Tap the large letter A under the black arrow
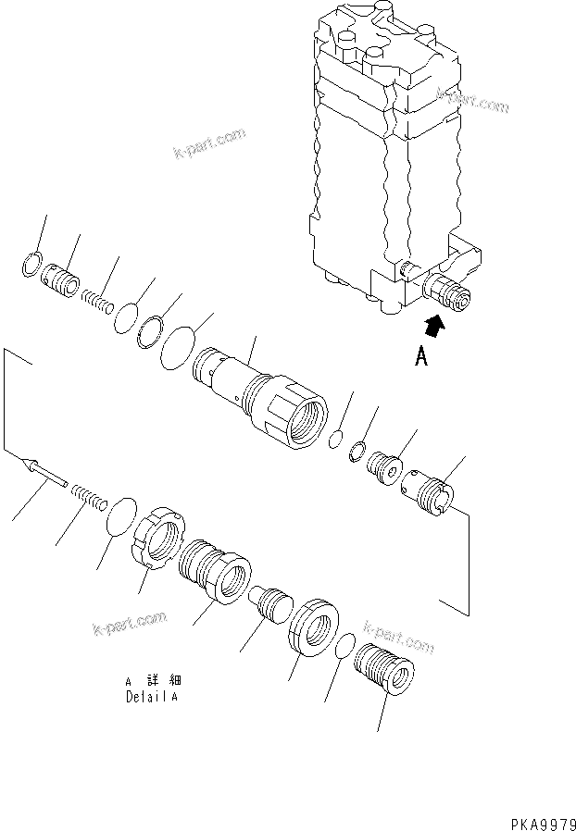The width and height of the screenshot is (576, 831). [x=421, y=357]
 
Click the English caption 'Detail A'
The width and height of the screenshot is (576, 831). [x=151, y=697]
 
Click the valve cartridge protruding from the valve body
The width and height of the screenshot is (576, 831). [x=446, y=294]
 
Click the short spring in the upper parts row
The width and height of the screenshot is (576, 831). [x=97, y=300]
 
